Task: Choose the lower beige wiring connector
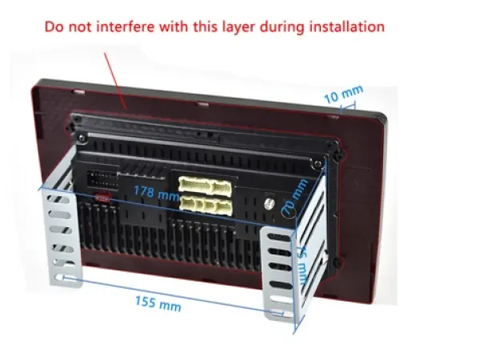[206, 205]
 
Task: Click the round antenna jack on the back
[270, 205]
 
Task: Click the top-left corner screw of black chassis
[78, 120]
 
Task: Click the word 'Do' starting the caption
[54, 26]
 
